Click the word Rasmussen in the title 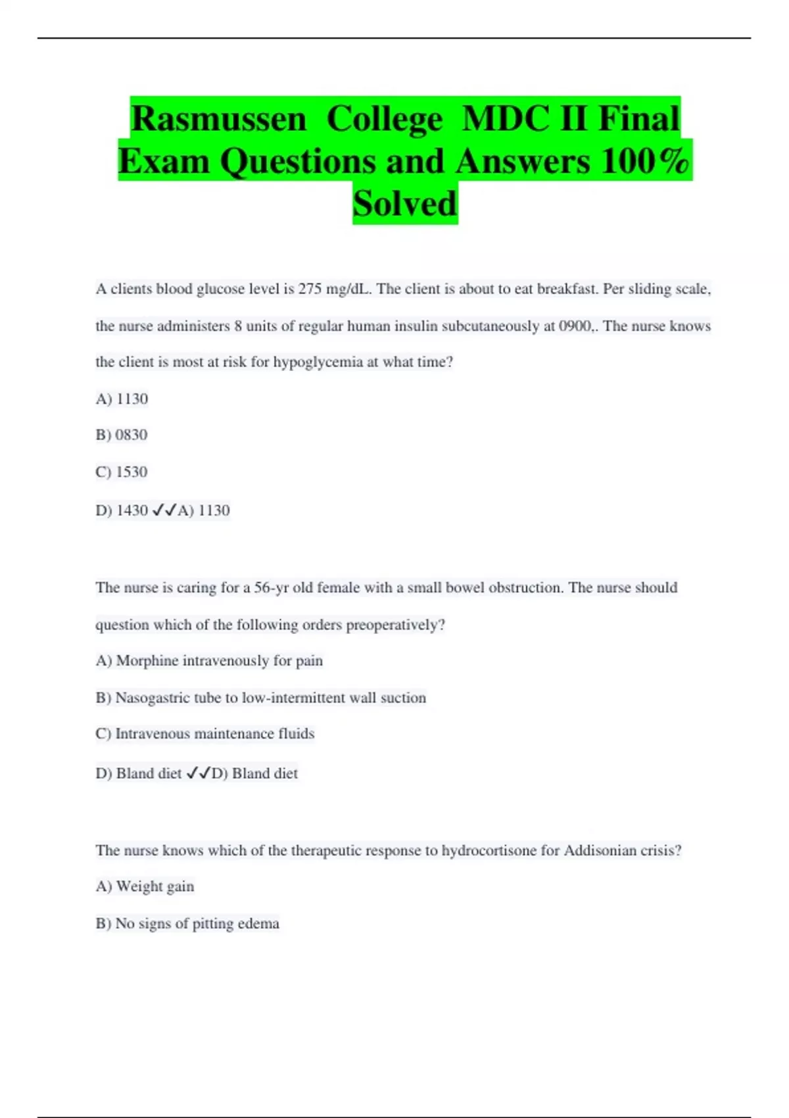tap(218, 119)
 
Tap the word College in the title tap(385, 119)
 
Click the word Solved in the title tap(404, 203)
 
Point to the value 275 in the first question tap(310, 289)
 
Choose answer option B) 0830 tap(122, 435)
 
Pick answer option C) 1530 tap(122, 472)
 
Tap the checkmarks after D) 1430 tap(164, 510)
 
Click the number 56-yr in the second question tap(272, 588)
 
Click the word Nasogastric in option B tap(153, 698)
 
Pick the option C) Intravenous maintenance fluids tap(205, 734)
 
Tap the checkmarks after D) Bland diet tap(198, 774)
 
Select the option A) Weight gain tap(145, 887)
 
